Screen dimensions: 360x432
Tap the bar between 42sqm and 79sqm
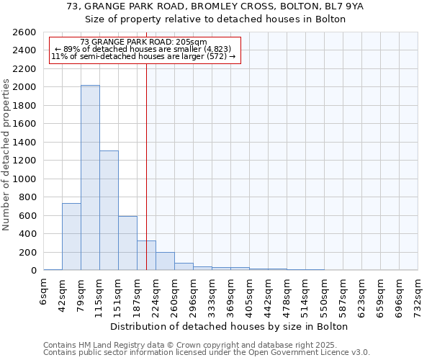(x=71, y=236)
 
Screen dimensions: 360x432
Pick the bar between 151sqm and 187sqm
(x=127, y=243)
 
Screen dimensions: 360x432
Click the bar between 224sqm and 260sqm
(x=165, y=261)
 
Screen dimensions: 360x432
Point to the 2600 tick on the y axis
(x=27, y=32)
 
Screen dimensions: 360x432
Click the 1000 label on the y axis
(x=27, y=179)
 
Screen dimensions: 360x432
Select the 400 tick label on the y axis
(x=30, y=234)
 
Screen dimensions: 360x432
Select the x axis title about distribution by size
(x=230, y=326)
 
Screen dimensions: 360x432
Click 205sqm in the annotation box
(x=193, y=42)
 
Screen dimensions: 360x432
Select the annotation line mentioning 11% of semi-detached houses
(x=143, y=56)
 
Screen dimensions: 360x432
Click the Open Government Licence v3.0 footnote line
(x=207, y=352)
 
